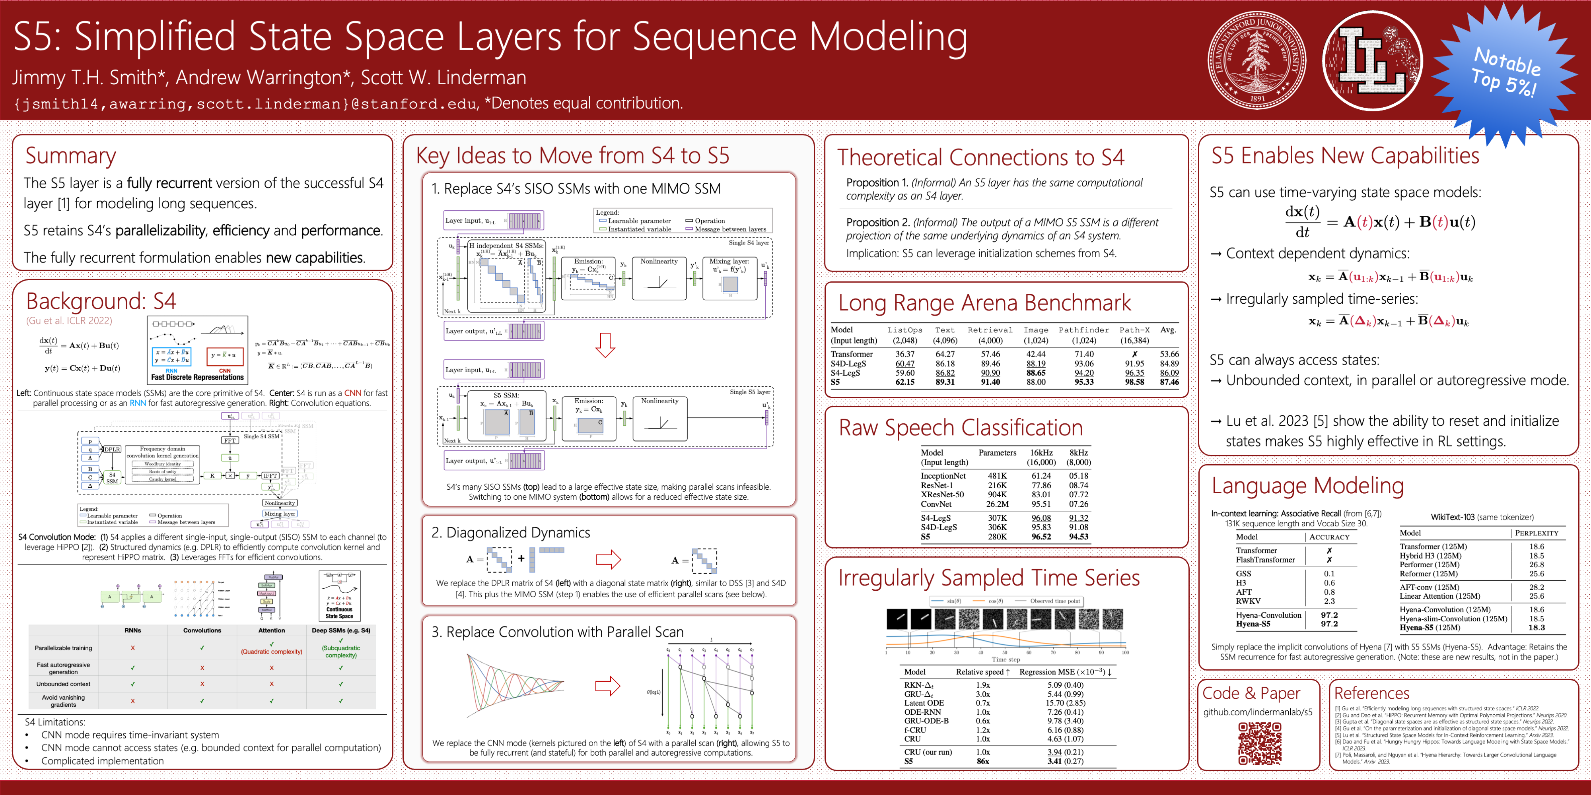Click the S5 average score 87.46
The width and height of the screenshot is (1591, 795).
pyautogui.click(x=1169, y=382)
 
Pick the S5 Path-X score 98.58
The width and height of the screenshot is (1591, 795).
pyautogui.click(x=1134, y=382)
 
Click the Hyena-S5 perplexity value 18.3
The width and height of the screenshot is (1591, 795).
pyautogui.click(x=1536, y=628)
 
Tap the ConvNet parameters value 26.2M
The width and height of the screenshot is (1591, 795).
pyautogui.click(x=997, y=504)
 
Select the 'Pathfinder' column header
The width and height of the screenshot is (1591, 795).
pyautogui.click(x=1083, y=330)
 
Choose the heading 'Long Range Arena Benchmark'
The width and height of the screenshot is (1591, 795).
pyautogui.click(x=984, y=303)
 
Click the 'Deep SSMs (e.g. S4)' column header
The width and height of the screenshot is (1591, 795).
pyautogui.click(x=340, y=630)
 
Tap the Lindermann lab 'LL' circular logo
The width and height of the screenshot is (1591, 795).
pyautogui.click(x=1372, y=60)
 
